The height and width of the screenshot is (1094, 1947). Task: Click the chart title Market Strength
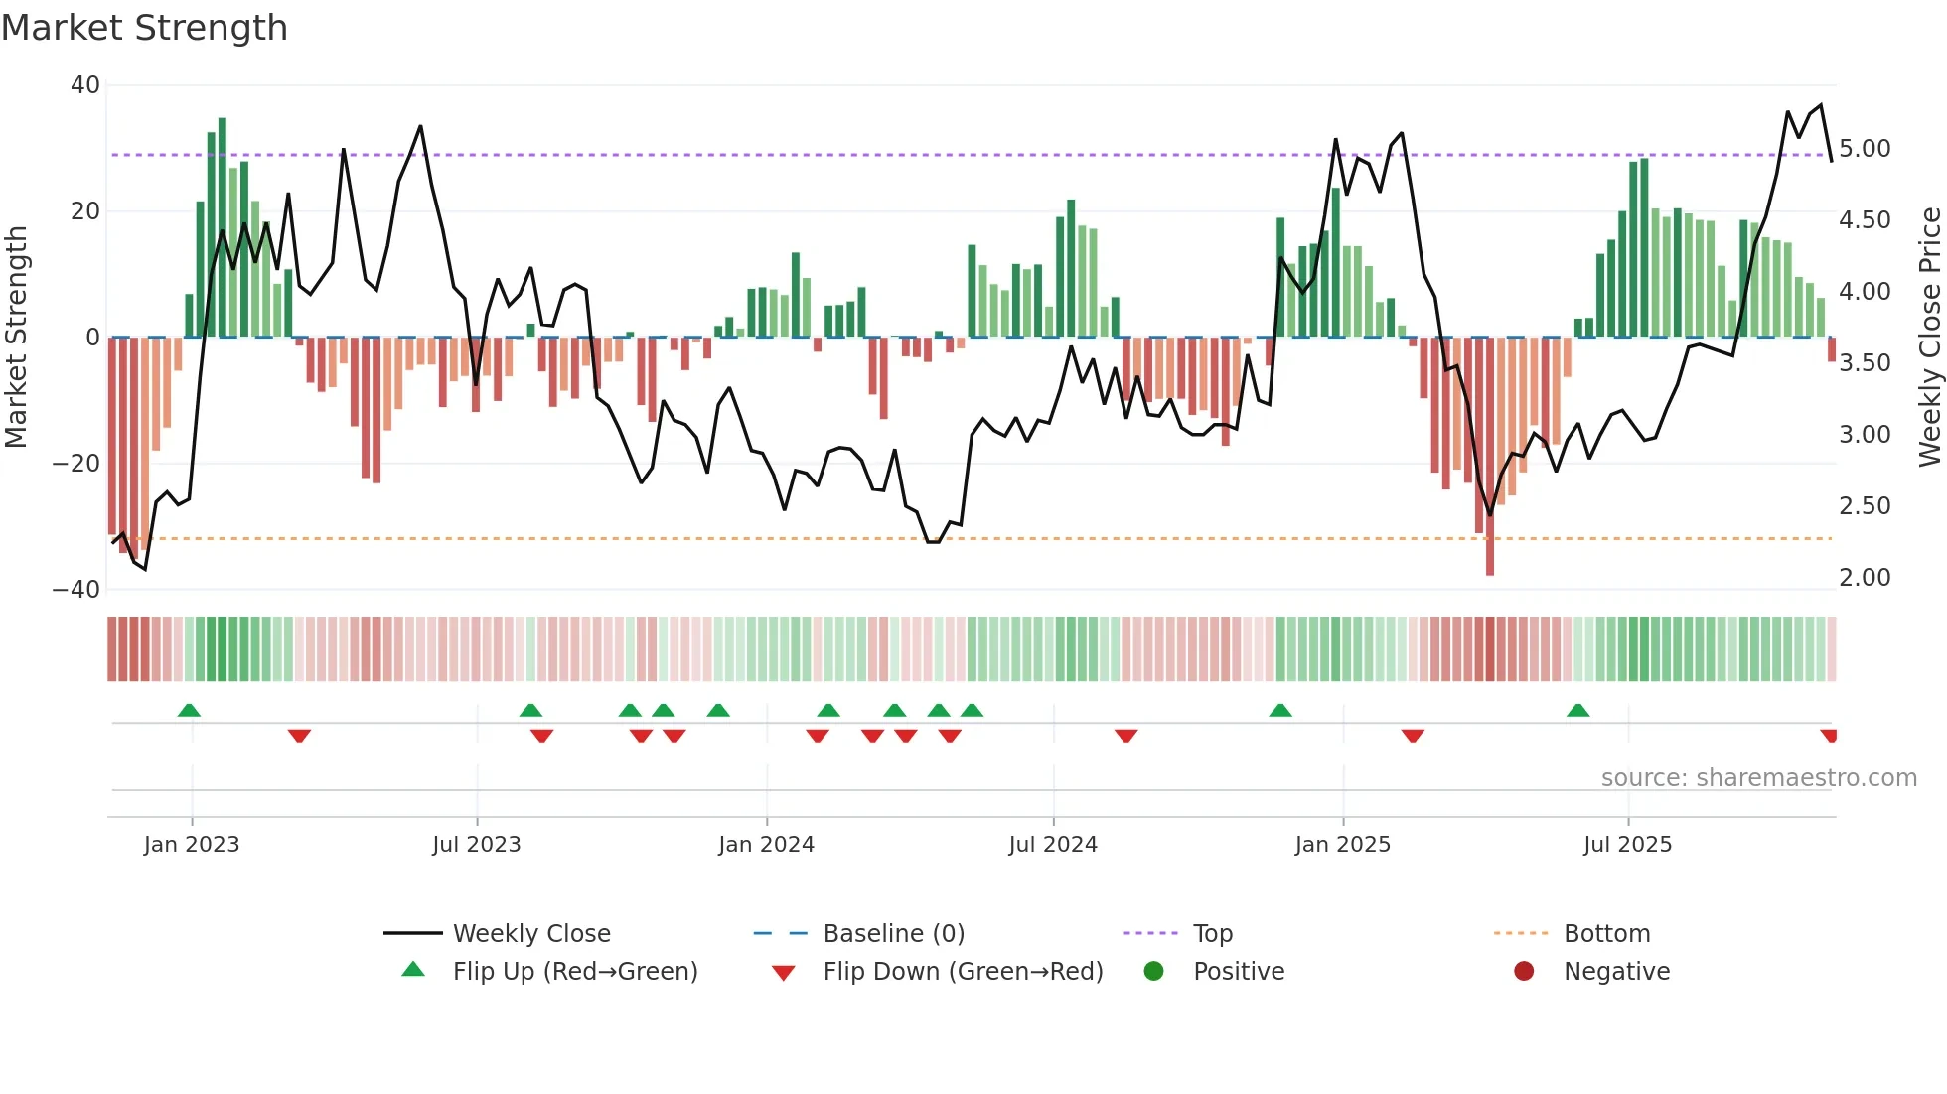click(144, 28)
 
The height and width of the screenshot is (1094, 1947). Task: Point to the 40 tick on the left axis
click(85, 85)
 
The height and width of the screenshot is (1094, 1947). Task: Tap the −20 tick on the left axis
click(76, 464)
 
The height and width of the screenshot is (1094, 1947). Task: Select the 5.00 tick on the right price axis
click(1865, 149)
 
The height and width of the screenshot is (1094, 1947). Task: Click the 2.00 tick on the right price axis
click(1865, 578)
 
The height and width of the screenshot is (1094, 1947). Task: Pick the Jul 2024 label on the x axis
click(1053, 845)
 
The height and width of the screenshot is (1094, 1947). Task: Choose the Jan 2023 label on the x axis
click(192, 845)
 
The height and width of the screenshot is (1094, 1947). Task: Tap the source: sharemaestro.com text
click(1758, 778)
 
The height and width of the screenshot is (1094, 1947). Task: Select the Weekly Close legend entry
click(531, 934)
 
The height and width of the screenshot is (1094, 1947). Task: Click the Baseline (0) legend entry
click(893, 934)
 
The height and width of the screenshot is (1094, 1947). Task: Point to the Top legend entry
click(1212, 934)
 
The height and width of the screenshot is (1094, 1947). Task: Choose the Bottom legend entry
click(1606, 934)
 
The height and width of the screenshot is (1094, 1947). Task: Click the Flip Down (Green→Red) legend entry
click(962, 972)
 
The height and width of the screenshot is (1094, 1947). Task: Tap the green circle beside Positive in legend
click(1153, 971)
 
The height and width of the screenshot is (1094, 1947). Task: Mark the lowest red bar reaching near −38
click(1490, 457)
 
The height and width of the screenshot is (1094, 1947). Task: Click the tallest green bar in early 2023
click(223, 228)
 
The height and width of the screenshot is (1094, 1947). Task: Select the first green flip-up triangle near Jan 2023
click(189, 710)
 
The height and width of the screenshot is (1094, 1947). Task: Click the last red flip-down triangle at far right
click(1829, 736)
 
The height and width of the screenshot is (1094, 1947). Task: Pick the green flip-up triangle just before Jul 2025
click(1577, 710)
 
